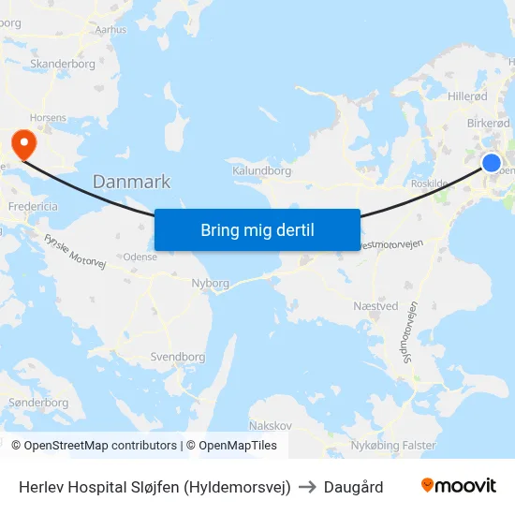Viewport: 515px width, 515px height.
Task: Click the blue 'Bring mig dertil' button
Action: (257, 230)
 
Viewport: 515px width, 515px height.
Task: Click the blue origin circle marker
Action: (492, 163)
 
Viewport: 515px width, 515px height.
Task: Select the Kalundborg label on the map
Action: (261, 171)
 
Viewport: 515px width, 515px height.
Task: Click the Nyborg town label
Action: (210, 283)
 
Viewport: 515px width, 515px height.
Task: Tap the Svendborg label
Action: (177, 357)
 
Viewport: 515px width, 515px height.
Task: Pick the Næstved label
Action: (375, 306)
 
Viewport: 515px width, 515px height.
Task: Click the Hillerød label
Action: (467, 96)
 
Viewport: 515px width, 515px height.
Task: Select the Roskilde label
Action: (431, 184)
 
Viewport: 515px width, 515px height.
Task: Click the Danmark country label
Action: (131, 182)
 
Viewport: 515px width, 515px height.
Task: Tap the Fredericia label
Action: (33, 206)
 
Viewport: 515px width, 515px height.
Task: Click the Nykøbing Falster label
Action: (393, 445)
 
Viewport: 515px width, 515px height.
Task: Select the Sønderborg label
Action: (37, 403)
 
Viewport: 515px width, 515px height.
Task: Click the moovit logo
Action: (458, 486)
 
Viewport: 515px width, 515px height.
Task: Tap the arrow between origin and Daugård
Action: (307, 487)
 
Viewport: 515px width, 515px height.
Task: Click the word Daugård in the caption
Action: (353, 487)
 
